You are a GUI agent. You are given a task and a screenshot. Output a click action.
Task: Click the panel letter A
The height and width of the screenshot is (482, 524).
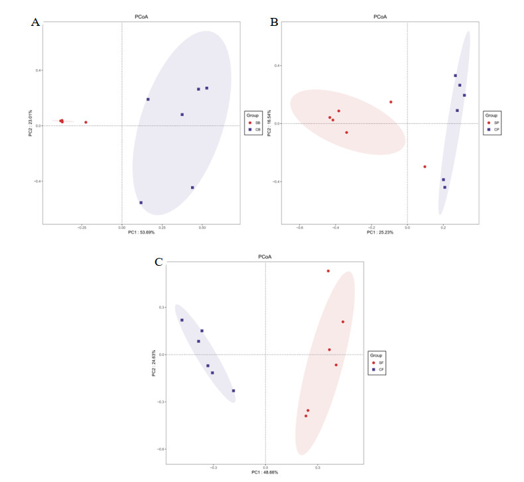pos(36,22)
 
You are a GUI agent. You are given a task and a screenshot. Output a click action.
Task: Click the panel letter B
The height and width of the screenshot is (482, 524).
pos(274,21)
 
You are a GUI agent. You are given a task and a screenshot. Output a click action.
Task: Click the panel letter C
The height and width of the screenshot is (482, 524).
pos(159,262)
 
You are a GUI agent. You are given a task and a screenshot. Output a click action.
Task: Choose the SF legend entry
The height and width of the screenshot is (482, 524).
pos(379,363)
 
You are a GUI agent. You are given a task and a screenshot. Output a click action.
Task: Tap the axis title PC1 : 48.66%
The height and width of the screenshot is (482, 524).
pos(265,472)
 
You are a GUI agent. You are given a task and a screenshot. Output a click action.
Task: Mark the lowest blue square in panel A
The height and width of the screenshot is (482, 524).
pos(141,203)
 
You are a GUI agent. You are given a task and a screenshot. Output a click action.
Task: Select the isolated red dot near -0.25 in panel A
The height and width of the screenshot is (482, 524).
pos(86,122)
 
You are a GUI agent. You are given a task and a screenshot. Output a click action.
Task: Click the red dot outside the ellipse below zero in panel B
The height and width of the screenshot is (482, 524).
pos(425,166)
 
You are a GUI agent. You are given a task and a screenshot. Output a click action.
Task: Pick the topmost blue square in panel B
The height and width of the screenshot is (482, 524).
pos(455,76)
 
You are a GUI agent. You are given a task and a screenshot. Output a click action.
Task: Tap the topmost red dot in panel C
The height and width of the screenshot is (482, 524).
pos(328,271)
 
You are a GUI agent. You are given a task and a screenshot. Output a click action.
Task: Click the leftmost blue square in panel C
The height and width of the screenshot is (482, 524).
pos(182,320)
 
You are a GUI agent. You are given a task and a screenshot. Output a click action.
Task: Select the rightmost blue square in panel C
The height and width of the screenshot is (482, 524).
pos(233,391)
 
